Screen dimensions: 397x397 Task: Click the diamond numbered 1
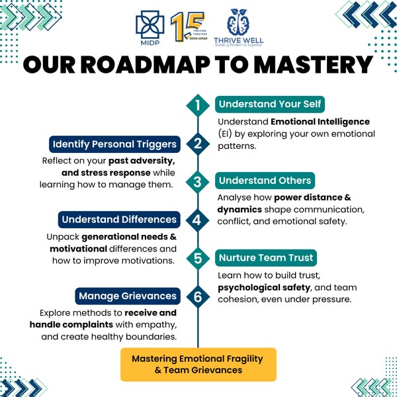coord(197,105)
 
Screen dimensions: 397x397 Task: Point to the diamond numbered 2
coord(197,144)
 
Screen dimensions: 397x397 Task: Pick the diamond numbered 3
coord(197,181)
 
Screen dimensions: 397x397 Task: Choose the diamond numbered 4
coord(197,220)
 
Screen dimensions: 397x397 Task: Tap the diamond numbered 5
coord(197,258)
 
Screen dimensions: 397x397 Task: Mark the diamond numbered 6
coord(197,296)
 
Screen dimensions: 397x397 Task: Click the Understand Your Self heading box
coord(271,105)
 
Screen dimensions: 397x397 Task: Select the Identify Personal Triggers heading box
coord(114,144)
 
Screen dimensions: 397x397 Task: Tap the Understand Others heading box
coord(265,181)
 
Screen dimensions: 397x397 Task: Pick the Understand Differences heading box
coord(119,219)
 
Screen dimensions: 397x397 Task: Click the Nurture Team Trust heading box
coord(266,257)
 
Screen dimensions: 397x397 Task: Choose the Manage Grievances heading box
coord(127,295)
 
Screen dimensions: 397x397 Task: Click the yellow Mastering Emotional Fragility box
coord(197,365)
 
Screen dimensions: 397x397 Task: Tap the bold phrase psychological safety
coord(265,287)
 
